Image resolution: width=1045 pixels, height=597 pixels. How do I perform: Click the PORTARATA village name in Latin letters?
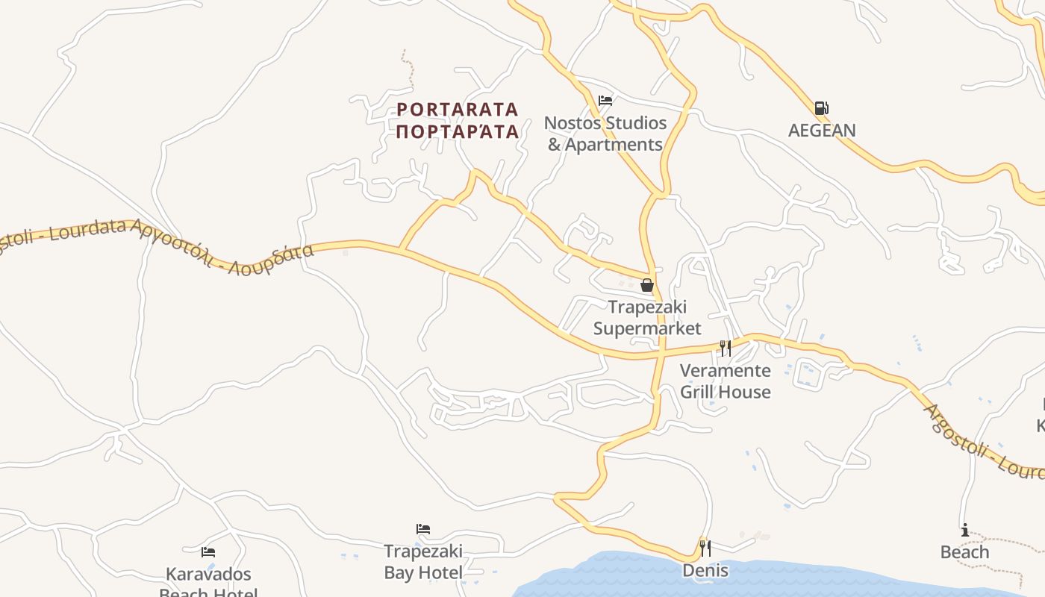pos(457,110)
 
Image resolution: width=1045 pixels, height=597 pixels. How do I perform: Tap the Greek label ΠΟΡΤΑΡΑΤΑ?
pos(457,132)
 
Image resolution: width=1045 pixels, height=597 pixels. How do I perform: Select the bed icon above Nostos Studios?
pos(605,101)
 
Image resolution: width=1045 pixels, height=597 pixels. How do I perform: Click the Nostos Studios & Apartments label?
pos(605,134)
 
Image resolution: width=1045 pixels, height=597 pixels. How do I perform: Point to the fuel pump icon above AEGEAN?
pos(821,108)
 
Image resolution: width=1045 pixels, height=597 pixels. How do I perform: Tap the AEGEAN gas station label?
pos(822,131)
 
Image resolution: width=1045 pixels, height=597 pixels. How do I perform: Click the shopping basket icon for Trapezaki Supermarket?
pos(647,285)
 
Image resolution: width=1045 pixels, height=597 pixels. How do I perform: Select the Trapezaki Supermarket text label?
pos(647,318)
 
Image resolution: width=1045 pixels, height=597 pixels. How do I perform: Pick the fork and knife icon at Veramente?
pos(725,348)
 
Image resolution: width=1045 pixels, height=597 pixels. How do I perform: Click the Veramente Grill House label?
pos(725,381)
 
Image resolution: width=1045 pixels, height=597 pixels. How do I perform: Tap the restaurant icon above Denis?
pos(705,548)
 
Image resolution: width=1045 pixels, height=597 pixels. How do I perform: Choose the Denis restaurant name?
pos(705,571)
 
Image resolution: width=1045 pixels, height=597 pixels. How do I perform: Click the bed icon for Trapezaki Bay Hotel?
pos(423,529)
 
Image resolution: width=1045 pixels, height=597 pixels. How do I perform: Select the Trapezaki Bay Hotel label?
pos(423,562)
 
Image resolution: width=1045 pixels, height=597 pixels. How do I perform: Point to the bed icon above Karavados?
pos(208,552)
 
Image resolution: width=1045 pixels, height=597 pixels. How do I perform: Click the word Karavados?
pos(208,575)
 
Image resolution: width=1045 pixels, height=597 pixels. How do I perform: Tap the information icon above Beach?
pos(965,531)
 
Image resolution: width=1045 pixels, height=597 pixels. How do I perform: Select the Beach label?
pos(965,552)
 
